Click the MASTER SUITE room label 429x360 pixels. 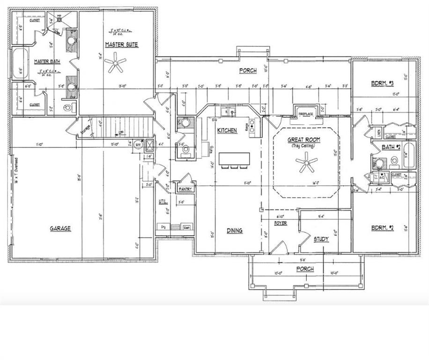[x=121, y=45]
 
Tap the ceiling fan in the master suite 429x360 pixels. [x=115, y=62]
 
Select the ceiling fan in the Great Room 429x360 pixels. [x=306, y=164]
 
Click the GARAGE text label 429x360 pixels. [x=60, y=228]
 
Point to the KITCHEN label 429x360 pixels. [x=227, y=130]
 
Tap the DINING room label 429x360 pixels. [x=235, y=230]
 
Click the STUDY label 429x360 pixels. [x=321, y=239]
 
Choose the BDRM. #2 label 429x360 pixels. [x=382, y=228]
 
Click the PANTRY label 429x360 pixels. [x=183, y=189]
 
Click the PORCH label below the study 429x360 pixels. [x=304, y=269]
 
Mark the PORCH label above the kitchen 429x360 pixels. [x=248, y=71]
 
